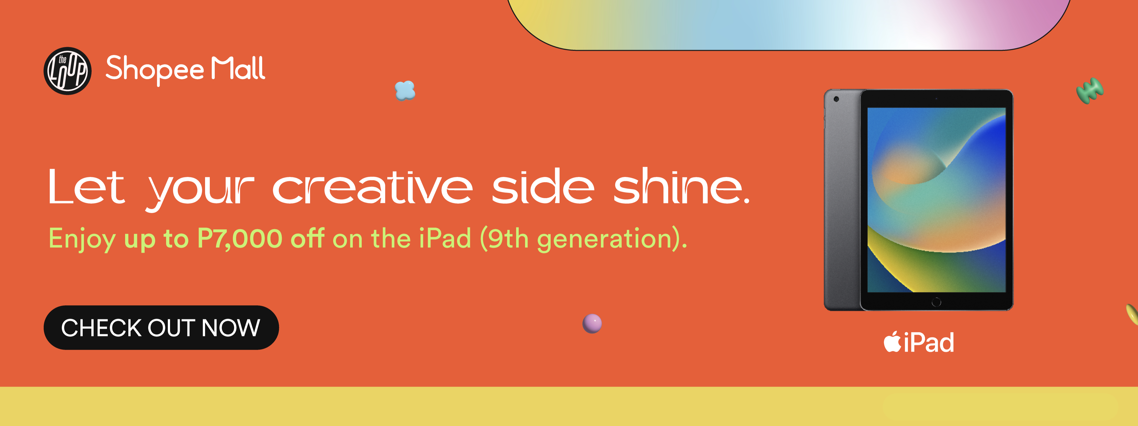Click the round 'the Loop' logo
[68, 71]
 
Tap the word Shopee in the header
[155, 69]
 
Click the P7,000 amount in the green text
[239, 239]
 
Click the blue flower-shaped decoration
[405, 91]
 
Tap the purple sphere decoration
[592, 323]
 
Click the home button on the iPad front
[936, 302]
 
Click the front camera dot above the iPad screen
[936, 99]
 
